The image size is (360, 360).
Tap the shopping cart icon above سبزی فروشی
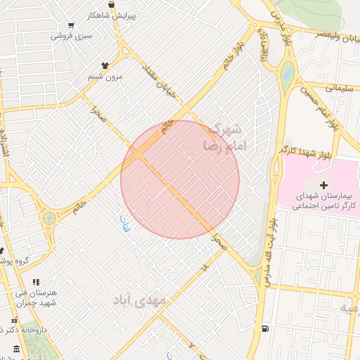pyautogui.click(x=71, y=24)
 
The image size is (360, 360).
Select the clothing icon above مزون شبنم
pyautogui.click(x=105, y=65)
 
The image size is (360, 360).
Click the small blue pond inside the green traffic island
pyautogui.click(x=287, y=72)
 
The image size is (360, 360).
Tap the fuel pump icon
pyautogui.click(x=264, y=328)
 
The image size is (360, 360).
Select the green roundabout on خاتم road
pyautogui.click(x=49, y=218)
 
